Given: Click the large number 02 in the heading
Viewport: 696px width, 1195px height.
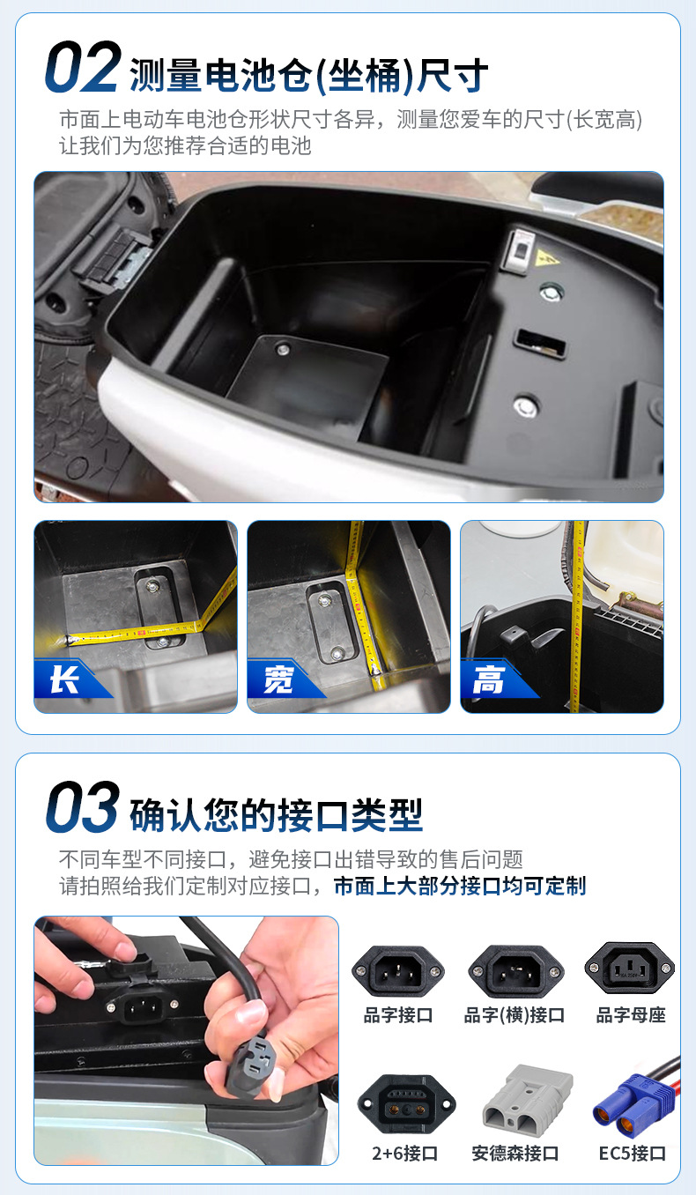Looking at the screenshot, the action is [x=83, y=66].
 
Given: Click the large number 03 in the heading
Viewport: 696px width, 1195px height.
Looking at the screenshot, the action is [x=83, y=806].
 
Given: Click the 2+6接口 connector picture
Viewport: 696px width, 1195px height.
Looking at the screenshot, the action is [x=406, y=1105].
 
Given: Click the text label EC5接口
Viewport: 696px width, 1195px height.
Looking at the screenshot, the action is [x=633, y=1154].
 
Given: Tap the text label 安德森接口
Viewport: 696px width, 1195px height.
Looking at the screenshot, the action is [x=515, y=1154].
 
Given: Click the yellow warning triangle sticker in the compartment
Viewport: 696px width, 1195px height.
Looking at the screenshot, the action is [x=546, y=259].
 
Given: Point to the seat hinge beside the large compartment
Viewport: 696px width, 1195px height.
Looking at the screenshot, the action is [x=115, y=259].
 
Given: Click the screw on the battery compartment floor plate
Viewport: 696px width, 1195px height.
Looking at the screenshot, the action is [x=283, y=350].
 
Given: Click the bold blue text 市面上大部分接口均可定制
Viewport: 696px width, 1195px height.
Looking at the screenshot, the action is [x=460, y=886].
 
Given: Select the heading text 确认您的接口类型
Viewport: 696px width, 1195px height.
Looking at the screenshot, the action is [x=277, y=815].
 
